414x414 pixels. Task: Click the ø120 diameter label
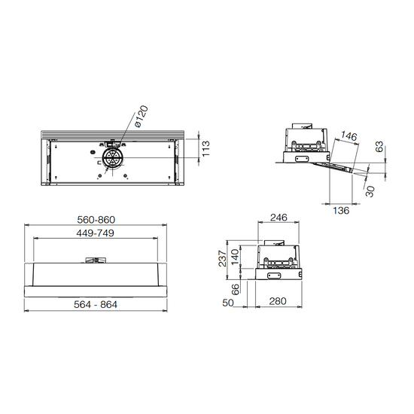click(x=141, y=116)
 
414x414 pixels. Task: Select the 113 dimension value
click(x=205, y=148)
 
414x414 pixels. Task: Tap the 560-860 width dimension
click(x=96, y=220)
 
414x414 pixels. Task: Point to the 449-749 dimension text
click(x=95, y=233)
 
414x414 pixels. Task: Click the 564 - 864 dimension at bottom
click(x=96, y=304)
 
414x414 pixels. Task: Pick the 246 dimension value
click(x=279, y=218)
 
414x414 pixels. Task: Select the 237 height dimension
click(x=223, y=258)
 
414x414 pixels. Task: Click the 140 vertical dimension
click(x=235, y=257)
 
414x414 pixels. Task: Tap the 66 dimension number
click(x=235, y=289)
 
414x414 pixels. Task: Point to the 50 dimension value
click(x=228, y=303)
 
